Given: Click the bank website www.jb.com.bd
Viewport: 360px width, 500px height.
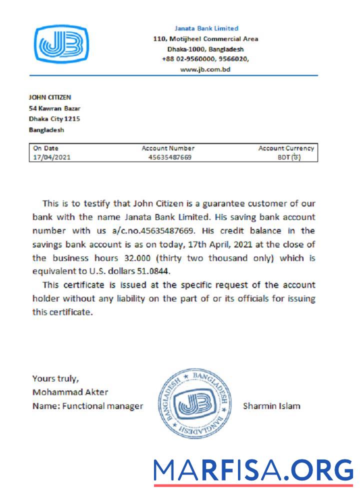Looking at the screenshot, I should (x=205, y=69).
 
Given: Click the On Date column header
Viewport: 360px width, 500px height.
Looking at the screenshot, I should (x=45, y=148).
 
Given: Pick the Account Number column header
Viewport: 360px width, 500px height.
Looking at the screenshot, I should (x=168, y=148).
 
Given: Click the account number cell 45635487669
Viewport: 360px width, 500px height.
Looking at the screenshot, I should (x=170, y=157).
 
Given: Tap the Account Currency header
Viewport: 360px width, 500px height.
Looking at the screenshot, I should (x=286, y=148).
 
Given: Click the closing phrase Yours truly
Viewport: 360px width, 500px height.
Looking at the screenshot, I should (x=55, y=378).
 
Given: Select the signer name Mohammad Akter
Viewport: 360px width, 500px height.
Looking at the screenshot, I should (x=70, y=392).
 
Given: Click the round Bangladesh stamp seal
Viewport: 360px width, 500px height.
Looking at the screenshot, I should (x=194, y=403).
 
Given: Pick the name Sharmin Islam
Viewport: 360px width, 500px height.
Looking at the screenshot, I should (x=271, y=405).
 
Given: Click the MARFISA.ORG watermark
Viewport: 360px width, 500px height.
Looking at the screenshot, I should (x=253, y=470).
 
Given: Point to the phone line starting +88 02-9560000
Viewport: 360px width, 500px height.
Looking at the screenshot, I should (x=205, y=59).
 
